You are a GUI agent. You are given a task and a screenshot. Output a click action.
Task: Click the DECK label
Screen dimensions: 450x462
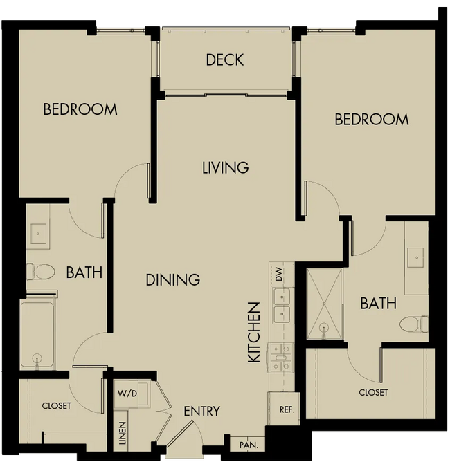click(225, 59)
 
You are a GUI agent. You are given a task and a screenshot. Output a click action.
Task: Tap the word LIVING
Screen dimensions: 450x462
click(225, 167)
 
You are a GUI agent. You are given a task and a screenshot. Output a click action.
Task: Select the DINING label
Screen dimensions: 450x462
click(173, 279)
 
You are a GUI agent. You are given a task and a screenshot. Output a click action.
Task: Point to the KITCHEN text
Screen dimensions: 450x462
click(254, 332)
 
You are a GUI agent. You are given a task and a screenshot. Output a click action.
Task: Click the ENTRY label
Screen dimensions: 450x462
click(201, 411)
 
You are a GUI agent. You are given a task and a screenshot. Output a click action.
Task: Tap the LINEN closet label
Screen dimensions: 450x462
click(123, 432)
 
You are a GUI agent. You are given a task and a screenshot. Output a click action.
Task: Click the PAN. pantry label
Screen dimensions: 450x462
click(249, 445)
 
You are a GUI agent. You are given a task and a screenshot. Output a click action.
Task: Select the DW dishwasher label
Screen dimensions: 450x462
click(279, 275)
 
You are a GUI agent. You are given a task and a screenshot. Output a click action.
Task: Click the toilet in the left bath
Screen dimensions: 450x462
click(40, 271)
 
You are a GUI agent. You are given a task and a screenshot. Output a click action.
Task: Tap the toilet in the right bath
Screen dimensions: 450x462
click(413, 324)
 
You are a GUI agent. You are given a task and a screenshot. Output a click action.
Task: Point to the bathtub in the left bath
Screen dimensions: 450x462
click(37, 333)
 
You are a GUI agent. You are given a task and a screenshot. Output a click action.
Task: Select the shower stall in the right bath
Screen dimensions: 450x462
click(325, 304)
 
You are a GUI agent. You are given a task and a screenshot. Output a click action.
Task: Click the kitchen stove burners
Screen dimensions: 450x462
click(280, 358)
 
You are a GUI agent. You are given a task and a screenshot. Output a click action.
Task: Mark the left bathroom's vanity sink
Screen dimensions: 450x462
click(38, 234)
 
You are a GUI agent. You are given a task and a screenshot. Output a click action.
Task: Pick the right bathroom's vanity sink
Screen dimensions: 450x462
click(416, 257)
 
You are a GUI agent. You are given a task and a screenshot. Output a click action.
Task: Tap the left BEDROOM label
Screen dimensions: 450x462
click(80, 109)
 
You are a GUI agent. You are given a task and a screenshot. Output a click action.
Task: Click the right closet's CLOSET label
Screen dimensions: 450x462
click(373, 392)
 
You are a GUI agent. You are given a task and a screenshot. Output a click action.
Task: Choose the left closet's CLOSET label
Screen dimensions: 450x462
click(56, 406)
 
